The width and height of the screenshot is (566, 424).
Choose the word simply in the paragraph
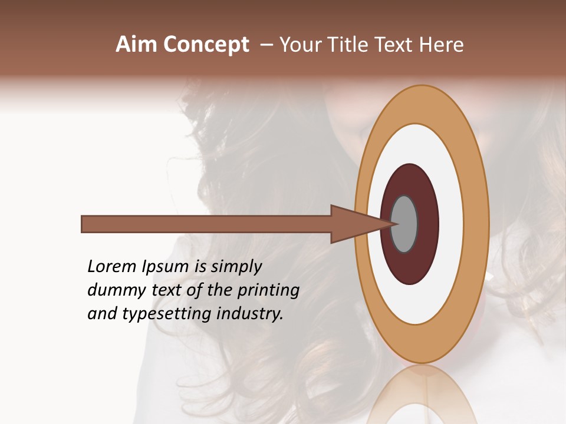[236, 267]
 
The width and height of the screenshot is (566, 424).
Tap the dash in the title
[266, 45]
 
